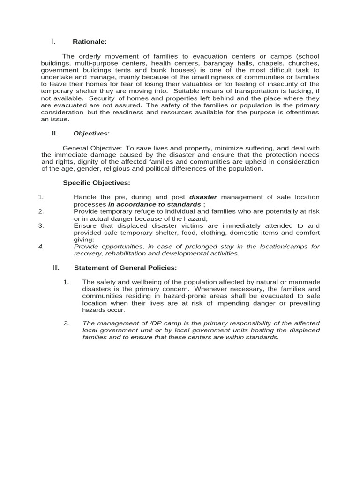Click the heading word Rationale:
click(90, 42)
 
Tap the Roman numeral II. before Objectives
click(55, 133)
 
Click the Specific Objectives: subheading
click(97, 182)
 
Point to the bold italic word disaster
click(202, 197)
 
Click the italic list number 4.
click(41, 247)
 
